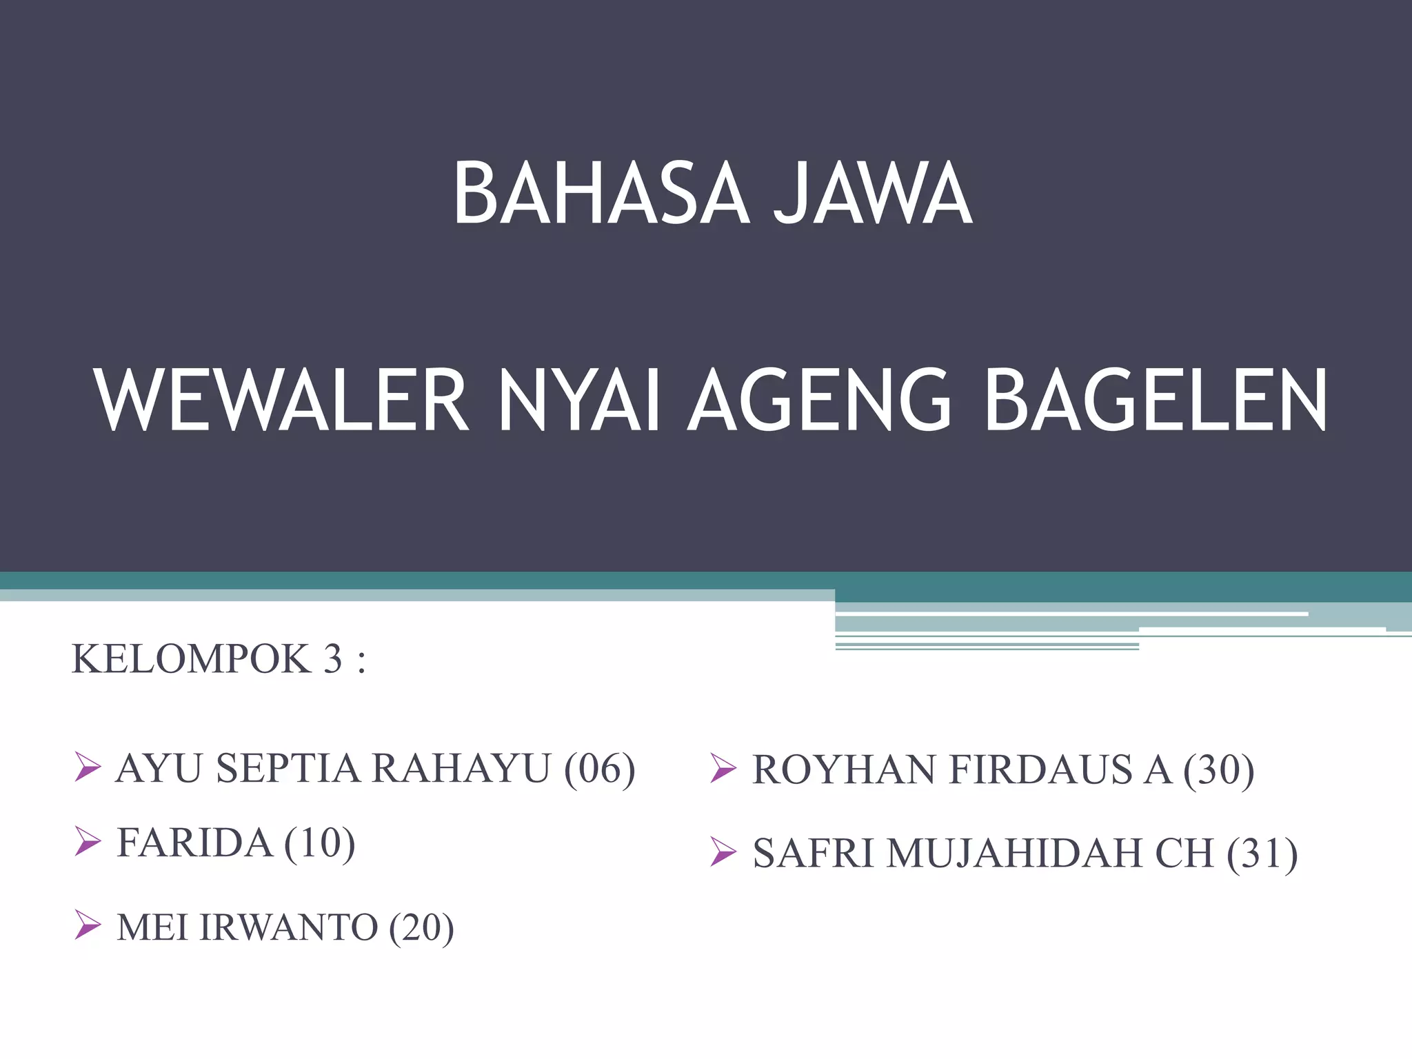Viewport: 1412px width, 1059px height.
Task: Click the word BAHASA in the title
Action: pos(601,194)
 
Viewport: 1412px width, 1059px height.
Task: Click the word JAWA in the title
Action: pos(872,194)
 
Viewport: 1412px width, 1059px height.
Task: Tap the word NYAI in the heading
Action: pos(579,401)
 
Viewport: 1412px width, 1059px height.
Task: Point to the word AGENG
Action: pos(820,401)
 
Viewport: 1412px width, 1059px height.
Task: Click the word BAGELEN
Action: pos(1156,401)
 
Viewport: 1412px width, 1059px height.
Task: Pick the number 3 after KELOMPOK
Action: pos(333,658)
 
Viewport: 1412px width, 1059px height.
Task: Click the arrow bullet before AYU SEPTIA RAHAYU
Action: pos(88,767)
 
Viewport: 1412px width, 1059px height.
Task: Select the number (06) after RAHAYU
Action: pos(599,769)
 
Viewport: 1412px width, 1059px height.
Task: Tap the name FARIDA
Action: pos(194,843)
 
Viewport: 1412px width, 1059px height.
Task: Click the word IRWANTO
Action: pos(288,927)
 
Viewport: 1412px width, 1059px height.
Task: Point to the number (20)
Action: pos(421,928)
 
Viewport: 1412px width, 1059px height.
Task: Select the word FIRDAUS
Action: pos(1040,770)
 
